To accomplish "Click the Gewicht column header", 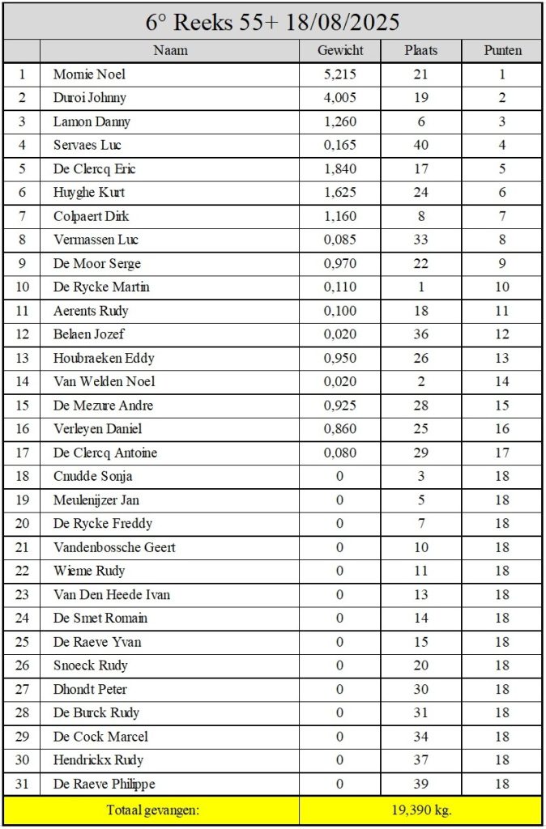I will coord(340,50).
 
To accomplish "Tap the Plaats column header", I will coord(421,50).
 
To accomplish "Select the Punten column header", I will coord(502,50).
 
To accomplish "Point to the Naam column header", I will coord(170,50).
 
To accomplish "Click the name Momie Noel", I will coord(89,74).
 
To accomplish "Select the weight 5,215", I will coord(340,74).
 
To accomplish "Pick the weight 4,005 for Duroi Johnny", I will coord(340,98).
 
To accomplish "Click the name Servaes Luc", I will coord(87,146).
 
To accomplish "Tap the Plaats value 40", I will coord(421,146).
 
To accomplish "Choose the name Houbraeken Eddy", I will coord(104,358).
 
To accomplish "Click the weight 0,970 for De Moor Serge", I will coord(340,264).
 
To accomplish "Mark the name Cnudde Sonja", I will coord(93,476).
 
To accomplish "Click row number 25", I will coord(22,642).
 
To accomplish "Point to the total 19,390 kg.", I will coord(420,809).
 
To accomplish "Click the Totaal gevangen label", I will coord(152,809).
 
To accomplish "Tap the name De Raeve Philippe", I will coord(105,784).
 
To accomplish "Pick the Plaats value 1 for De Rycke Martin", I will coord(421,287).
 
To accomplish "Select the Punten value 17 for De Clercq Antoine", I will coord(502,453).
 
